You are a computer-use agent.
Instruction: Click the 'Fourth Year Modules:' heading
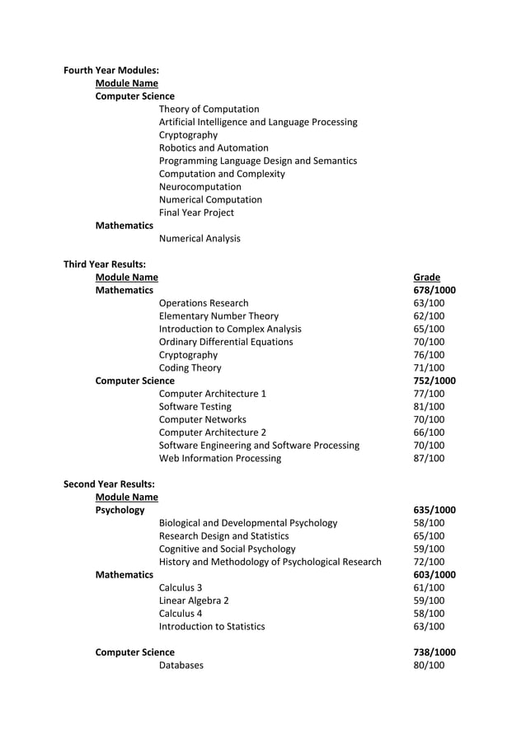[111, 70]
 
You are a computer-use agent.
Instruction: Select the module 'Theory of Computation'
[209, 109]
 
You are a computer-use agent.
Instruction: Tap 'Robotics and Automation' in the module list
[214, 147]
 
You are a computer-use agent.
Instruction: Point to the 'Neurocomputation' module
[200, 186]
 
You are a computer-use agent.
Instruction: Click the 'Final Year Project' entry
[196, 213]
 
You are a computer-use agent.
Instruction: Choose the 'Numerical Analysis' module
[200, 238]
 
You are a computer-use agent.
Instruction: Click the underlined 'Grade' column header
[426, 278]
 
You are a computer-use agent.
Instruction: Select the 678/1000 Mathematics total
[434, 290]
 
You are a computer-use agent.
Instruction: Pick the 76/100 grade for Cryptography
[429, 355]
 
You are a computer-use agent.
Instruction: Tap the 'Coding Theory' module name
[190, 367]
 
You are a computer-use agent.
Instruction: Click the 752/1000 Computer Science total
[434, 381]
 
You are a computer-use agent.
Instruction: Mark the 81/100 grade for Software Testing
[429, 406]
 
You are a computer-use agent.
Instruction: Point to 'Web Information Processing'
[219, 458]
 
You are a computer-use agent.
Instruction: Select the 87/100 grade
[429, 458]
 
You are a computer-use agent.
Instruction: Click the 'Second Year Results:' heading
[109, 484]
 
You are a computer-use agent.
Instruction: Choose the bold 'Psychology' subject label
[120, 510]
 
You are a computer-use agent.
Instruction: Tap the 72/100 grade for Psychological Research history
[429, 562]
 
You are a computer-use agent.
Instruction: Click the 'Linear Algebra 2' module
[194, 600]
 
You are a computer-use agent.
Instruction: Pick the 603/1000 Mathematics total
[434, 574]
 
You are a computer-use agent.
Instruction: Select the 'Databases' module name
[181, 665]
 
